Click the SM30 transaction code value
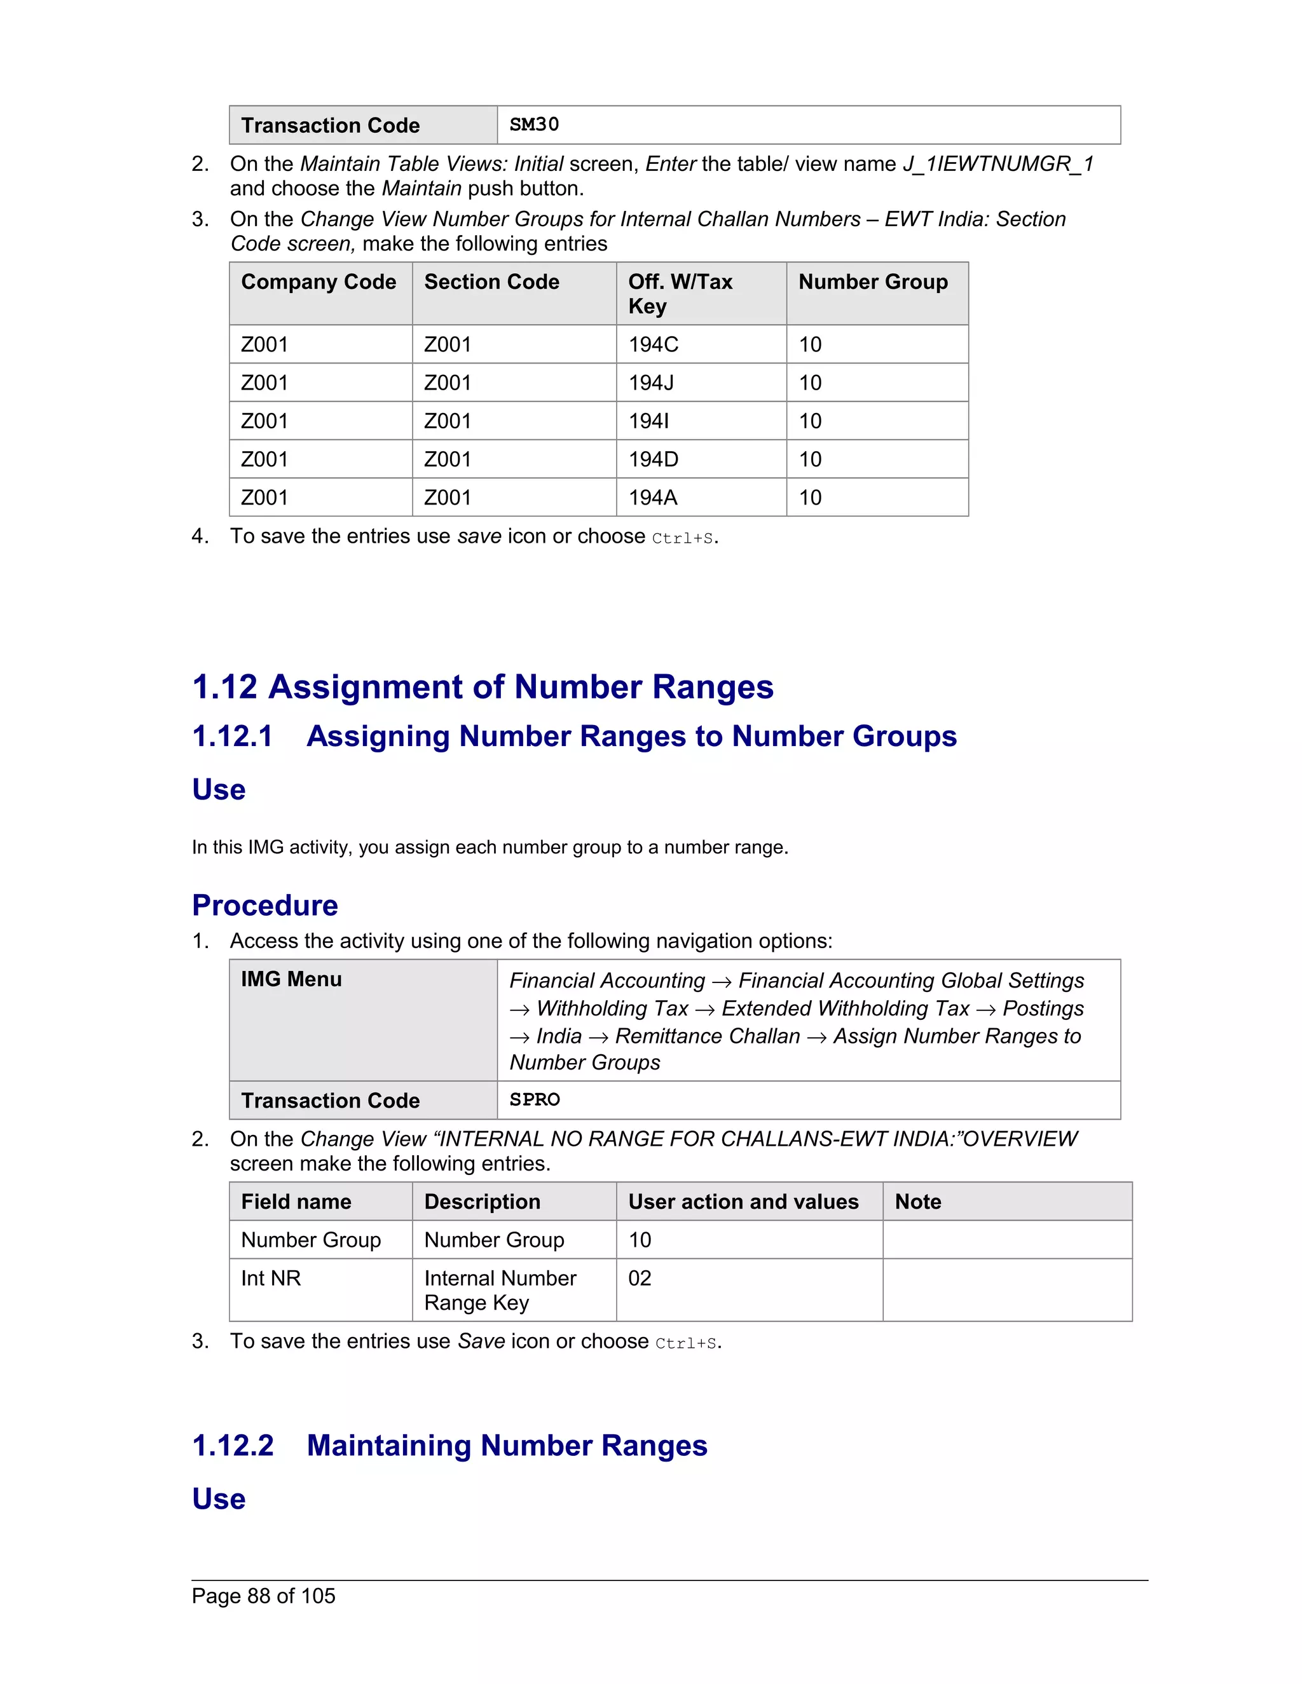point(534,125)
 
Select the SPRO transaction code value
point(535,1099)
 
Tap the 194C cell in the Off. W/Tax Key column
point(654,344)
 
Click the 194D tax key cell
point(654,459)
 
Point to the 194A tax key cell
point(652,498)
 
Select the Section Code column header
point(491,282)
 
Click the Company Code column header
point(319,282)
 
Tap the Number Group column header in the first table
point(873,282)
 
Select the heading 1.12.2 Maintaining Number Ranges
point(449,1446)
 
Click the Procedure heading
point(264,905)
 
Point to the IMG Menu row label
point(291,979)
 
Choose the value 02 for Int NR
point(640,1279)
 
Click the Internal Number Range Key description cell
point(500,1290)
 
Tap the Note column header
point(918,1202)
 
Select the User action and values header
point(743,1202)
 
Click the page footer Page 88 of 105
point(264,1596)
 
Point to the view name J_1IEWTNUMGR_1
point(998,164)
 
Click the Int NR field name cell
point(271,1279)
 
